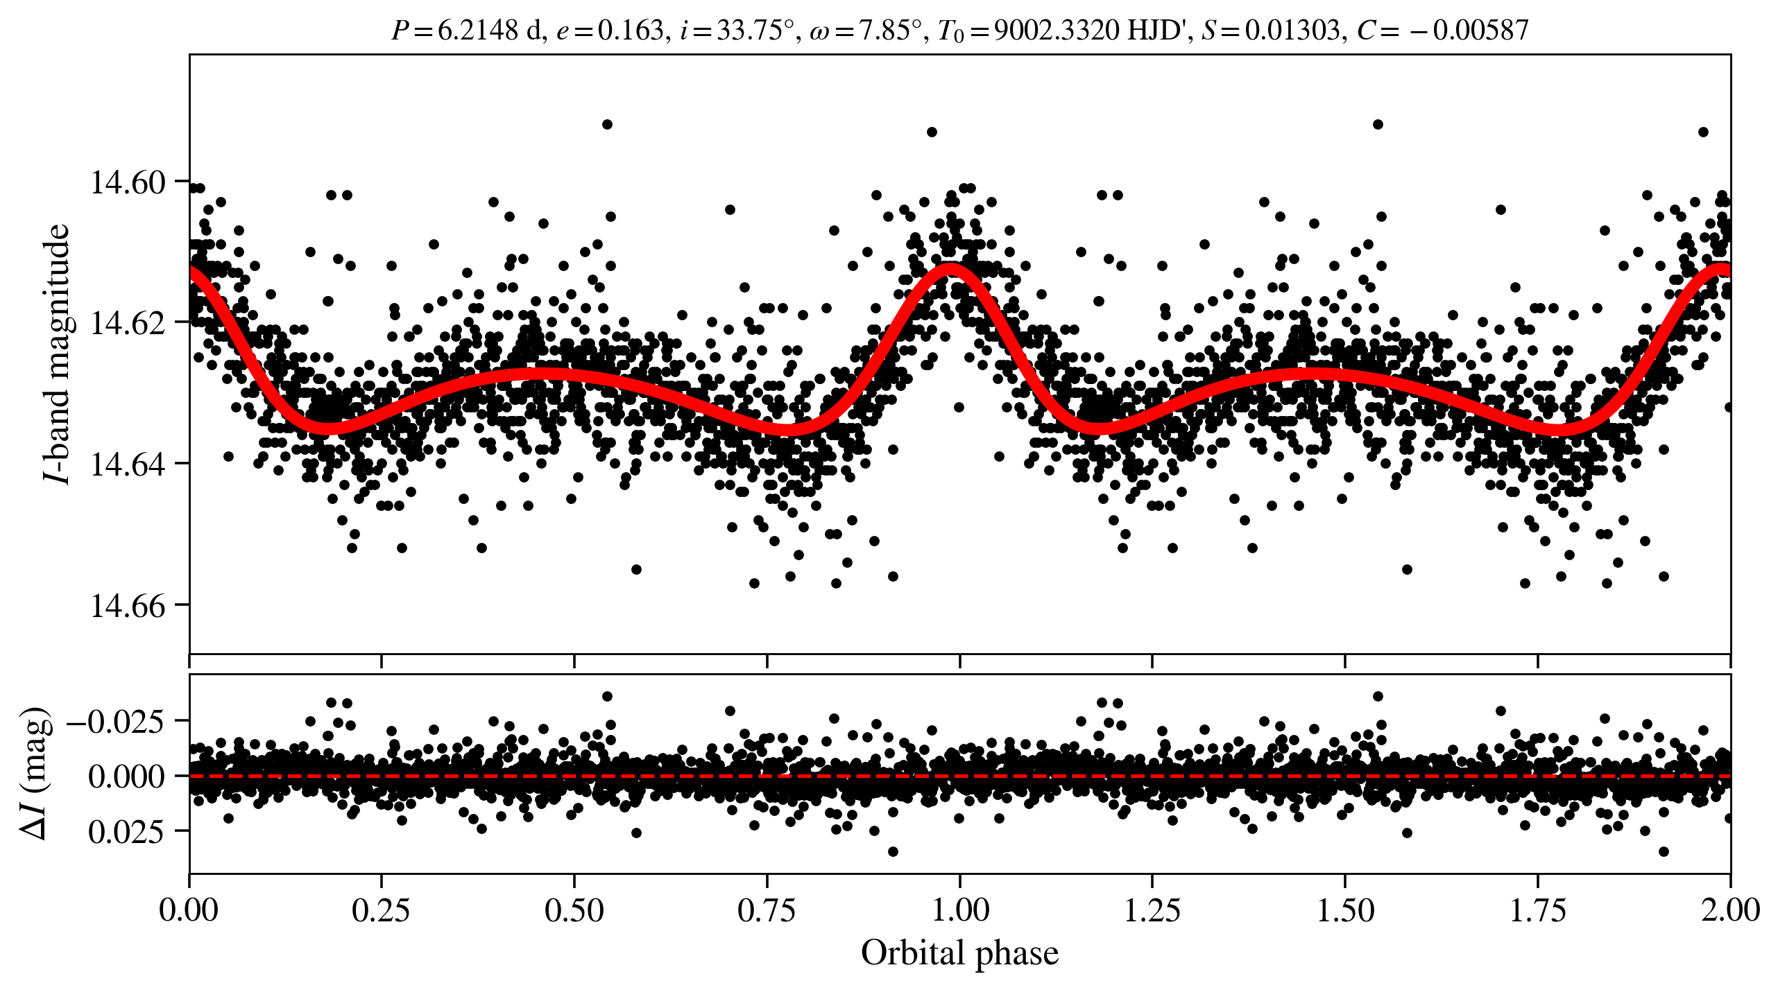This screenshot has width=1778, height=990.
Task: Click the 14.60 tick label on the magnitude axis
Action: tap(128, 182)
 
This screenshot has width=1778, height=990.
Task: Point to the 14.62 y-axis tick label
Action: tap(128, 323)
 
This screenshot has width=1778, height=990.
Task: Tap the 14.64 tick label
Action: tap(128, 464)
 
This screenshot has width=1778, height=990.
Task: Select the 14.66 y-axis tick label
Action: tap(128, 606)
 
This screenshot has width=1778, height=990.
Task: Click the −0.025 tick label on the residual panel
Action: tap(116, 722)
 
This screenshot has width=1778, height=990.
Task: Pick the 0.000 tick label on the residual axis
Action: tap(126, 776)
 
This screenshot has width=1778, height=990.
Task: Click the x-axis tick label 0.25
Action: tap(381, 910)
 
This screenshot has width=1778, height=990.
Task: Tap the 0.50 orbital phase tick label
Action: tap(574, 910)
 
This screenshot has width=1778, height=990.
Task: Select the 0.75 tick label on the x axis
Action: tap(767, 910)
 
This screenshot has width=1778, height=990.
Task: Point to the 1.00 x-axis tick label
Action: tap(959, 910)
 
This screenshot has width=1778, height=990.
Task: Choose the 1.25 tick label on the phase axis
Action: tap(1152, 910)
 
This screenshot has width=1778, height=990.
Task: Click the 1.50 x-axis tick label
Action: tap(1344, 910)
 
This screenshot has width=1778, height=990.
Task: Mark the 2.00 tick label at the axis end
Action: tap(1730, 910)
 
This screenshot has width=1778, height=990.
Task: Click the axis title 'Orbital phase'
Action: tap(959, 953)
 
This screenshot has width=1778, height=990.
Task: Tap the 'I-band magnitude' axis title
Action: tap(57, 354)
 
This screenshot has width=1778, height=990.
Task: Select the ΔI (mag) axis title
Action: tap(35, 774)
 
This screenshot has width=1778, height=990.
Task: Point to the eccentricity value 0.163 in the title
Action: tap(631, 31)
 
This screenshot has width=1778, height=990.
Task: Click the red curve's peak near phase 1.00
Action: tap(950, 270)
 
